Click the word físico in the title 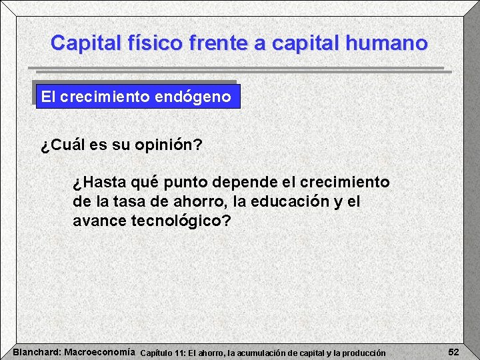click(151, 43)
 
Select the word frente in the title click(221, 43)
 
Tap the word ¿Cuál click(63, 145)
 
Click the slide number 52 click(453, 351)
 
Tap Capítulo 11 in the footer click(164, 352)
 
